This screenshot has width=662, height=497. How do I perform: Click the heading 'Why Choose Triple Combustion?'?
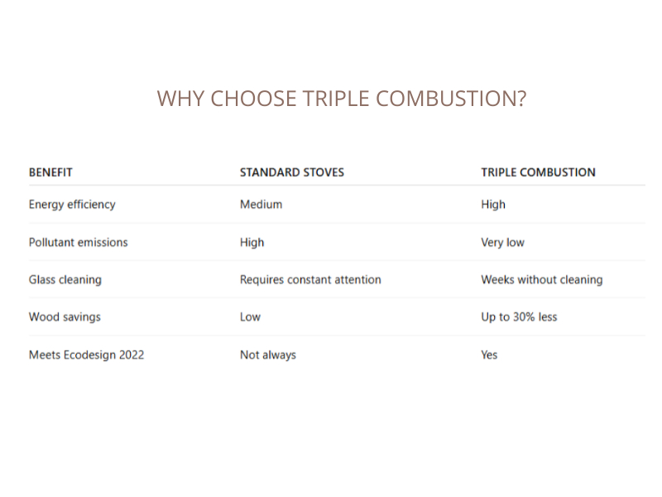click(x=341, y=99)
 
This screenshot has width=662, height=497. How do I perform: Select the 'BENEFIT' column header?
click(x=50, y=172)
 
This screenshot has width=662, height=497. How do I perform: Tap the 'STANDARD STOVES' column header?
click(x=291, y=172)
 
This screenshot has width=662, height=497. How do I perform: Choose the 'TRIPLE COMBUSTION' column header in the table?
click(x=538, y=172)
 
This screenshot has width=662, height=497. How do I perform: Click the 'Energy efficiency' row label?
click(x=72, y=205)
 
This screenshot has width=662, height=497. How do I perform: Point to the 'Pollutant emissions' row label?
click(x=78, y=243)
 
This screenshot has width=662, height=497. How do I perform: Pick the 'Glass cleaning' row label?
click(x=65, y=280)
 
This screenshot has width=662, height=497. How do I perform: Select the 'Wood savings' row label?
click(x=65, y=317)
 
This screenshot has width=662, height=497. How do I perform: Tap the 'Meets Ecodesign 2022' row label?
click(x=86, y=355)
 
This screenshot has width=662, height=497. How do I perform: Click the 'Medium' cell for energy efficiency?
click(x=261, y=205)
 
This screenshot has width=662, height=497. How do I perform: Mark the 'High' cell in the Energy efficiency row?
click(x=493, y=205)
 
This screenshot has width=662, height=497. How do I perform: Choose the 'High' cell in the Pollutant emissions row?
click(x=252, y=243)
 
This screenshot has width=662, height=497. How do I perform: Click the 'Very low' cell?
click(x=502, y=243)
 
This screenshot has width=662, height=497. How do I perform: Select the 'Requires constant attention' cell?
click(x=310, y=280)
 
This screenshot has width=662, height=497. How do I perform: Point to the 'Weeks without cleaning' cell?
click(x=541, y=280)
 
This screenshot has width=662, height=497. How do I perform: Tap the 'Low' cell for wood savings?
click(x=250, y=317)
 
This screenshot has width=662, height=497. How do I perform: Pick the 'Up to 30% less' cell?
click(x=519, y=317)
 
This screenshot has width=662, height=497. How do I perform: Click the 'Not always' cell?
click(x=267, y=355)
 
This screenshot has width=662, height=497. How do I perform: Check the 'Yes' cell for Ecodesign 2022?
click(x=489, y=355)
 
